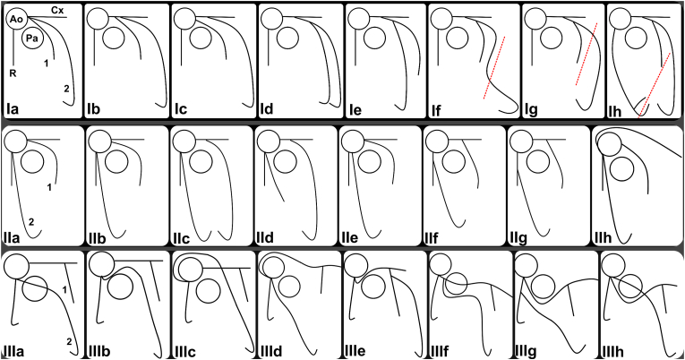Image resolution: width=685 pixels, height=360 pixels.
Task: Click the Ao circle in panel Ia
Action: (16, 18)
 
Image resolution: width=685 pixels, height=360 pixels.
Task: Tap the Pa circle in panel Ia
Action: (32, 39)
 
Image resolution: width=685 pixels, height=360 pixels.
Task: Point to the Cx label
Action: (56, 9)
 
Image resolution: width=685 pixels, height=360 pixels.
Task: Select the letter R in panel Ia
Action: (13, 73)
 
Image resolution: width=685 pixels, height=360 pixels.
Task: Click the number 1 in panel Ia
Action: (46, 64)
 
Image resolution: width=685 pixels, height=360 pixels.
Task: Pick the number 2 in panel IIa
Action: (30, 221)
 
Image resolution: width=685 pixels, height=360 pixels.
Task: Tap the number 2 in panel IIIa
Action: (69, 341)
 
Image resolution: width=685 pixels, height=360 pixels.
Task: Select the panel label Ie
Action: (355, 109)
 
